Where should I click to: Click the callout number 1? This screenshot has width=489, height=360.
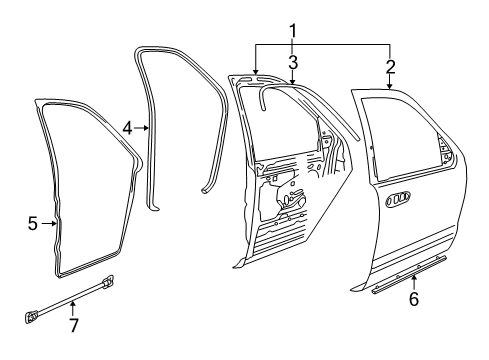[292, 31]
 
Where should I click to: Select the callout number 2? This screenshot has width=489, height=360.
[390, 67]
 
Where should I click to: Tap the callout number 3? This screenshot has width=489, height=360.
[293, 62]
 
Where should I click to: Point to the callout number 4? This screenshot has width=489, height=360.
[127, 128]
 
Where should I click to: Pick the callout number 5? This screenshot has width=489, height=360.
[32, 223]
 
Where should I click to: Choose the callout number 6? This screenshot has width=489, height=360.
[414, 299]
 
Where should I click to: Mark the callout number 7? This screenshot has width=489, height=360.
[74, 325]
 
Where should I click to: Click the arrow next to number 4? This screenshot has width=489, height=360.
[141, 127]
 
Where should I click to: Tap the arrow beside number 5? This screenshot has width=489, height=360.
[49, 223]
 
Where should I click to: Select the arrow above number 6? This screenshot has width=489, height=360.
[414, 282]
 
